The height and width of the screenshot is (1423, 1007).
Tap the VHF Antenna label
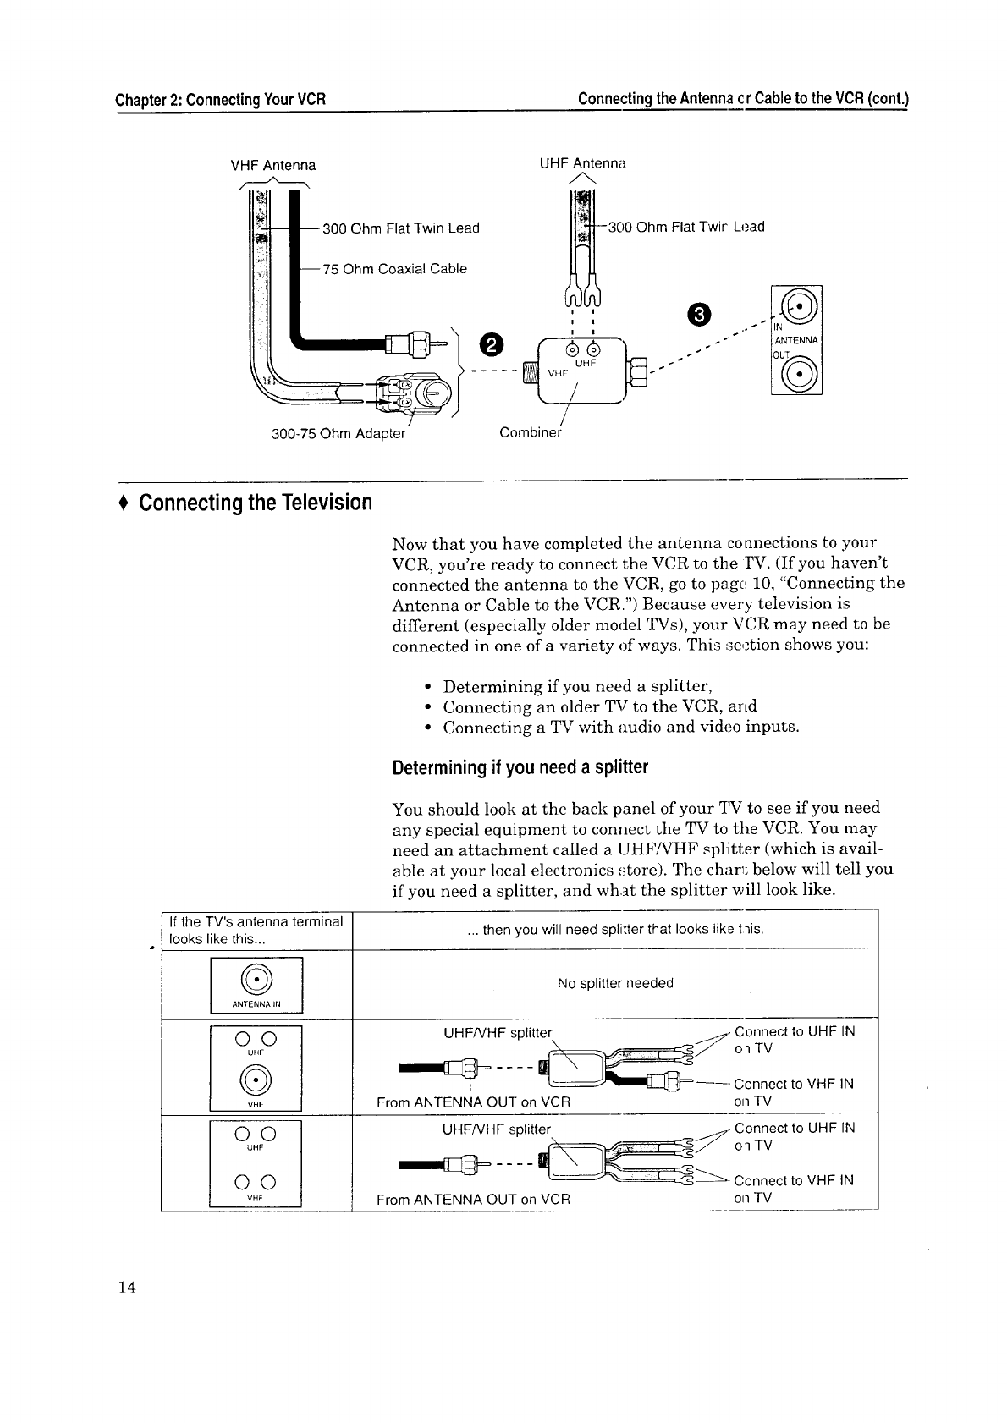[273, 165]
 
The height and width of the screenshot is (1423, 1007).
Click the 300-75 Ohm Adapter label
[338, 434]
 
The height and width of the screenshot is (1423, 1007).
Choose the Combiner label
[530, 433]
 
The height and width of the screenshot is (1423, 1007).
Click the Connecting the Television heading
[255, 503]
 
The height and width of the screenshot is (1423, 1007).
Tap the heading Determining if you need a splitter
[520, 768]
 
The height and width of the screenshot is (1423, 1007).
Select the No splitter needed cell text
[615, 983]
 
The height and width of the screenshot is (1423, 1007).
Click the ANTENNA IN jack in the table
[256, 979]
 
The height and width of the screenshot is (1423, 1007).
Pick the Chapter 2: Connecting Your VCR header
[221, 99]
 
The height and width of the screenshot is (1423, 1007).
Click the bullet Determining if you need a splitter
[577, 685]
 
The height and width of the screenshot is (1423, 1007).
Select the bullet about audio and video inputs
[620, 728]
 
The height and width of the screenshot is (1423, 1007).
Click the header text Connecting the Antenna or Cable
[742, 99]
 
